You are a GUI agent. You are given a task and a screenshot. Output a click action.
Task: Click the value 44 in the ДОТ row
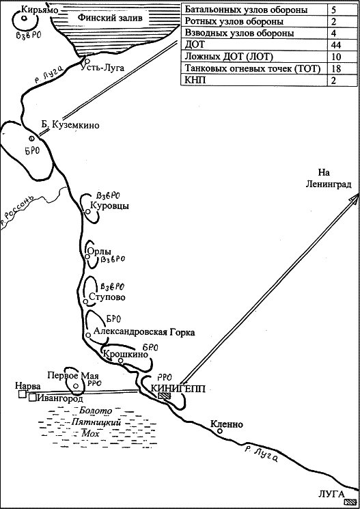coord(335,44)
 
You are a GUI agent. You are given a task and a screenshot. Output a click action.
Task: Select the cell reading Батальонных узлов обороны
coord(246,10)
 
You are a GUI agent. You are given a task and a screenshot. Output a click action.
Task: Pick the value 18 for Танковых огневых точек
coord(336,68)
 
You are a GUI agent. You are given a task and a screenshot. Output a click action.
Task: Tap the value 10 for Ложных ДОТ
coord(336,57)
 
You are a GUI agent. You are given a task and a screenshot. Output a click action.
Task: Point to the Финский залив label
coord(110,18)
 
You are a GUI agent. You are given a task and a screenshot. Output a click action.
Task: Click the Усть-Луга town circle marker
coord(86,60)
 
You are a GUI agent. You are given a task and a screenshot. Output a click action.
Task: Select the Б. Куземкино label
coord(70,125)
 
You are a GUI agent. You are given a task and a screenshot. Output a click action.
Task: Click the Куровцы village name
coord(109,206)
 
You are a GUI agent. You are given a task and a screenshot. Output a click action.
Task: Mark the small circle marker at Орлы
coord(87,256)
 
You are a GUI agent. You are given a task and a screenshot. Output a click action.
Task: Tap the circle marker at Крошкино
coord(120,360)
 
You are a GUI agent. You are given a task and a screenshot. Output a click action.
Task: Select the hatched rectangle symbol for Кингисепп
coord(164,396)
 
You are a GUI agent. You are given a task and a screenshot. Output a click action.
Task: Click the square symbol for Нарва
coord(22,394)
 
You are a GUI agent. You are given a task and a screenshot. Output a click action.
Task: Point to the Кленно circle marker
coord(220,431)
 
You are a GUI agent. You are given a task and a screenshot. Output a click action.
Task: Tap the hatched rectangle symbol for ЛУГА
coord(351,501)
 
